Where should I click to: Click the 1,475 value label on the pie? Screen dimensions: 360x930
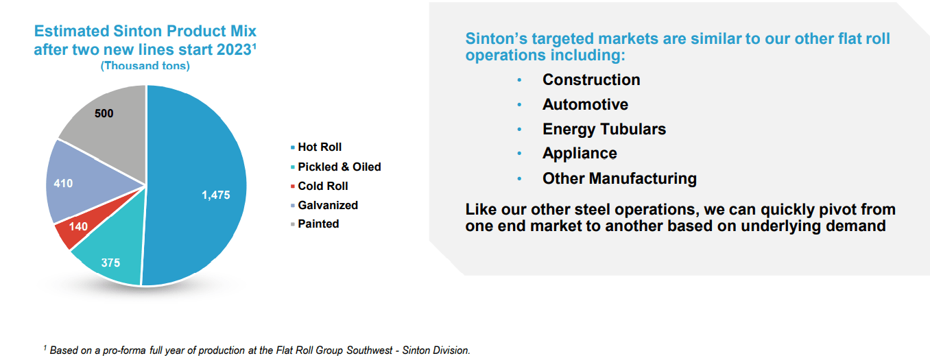pyautogui.click(x=215, y=195)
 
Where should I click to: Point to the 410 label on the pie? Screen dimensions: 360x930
pyautogui.click(x=63, y=184)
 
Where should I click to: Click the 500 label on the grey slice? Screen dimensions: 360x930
pyautogui.click(x=104, y=113)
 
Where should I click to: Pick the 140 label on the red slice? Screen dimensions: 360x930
pyautogui.click(x=78, y=226)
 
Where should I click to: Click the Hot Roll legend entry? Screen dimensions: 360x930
pyautogui.click(x=320, y=147)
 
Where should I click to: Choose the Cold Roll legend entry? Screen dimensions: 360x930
pyautogui.click(x=323, y=186)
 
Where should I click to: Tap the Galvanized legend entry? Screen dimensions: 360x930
pyautogui.click(x=328, y=205)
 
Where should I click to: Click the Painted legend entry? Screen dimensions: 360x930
pyautogui.click(x=318, y=224)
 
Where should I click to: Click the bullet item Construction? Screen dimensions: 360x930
pyautogui.click(x=591, y=80)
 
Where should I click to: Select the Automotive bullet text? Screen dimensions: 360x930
pyautogui.click(x=585, y=104)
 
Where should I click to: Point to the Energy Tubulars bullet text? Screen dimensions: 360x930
pyautogui.click(x=604, y=129)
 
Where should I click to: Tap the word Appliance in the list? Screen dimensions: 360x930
pyautogui.click(x=580, y=154)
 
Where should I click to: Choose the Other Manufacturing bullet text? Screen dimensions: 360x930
pyautogui.click(x=619, y=179)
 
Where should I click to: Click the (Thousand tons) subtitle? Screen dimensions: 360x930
pyautogui.click(x=145, y=67)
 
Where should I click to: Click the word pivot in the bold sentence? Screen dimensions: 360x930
pyautogui.click(x=818, y=209)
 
